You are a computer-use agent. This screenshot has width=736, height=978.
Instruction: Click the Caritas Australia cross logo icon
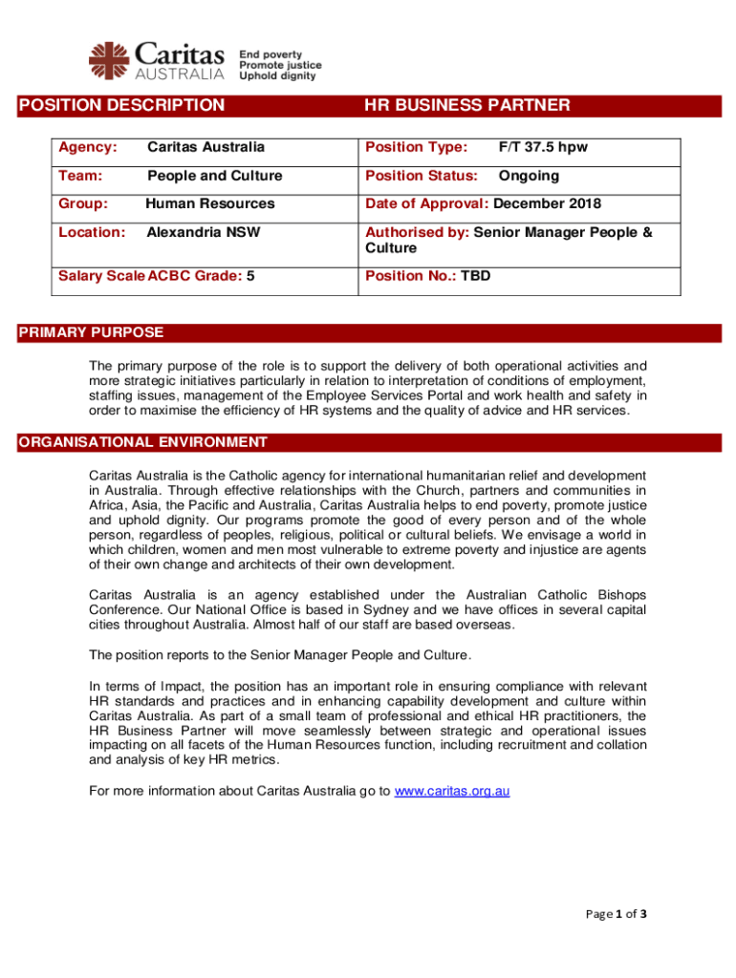tap(107, 59)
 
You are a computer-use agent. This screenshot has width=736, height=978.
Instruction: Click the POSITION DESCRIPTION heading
tap(122, 105)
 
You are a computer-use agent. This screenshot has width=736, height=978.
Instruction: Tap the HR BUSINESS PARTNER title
tap(466, 105)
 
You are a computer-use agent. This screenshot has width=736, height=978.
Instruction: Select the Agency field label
tap(88, 148)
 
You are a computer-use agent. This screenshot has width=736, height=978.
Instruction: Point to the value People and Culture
tap(215, 176)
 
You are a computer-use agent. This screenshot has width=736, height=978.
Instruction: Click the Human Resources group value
tap(209, 203)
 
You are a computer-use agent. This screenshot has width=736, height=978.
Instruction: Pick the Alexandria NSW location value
tap(203, 232)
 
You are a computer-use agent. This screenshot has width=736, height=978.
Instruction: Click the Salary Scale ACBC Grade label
tap(150, 276)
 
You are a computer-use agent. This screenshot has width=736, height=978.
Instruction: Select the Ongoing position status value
tap(529, 176)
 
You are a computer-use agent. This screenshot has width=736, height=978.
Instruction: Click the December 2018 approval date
tap(548, 203)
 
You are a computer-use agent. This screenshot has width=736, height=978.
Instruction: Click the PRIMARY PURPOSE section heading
tap(92, 333)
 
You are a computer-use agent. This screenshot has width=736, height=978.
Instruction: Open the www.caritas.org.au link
tap(452, 791)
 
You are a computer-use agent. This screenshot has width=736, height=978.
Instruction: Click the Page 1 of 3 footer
tap(617, 914)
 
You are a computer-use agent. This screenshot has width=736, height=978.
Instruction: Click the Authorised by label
tap(418, 232)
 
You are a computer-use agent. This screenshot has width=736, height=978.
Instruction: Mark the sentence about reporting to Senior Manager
tap(280, 655)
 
